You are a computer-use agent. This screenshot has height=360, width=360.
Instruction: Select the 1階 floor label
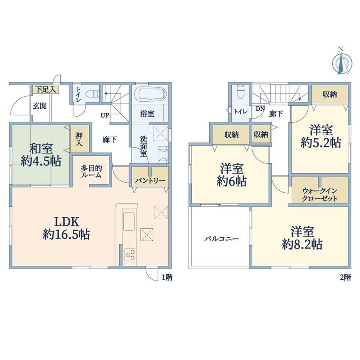pyautogui.click(x=167, y=277)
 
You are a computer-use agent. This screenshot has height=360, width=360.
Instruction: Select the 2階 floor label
pyautogui.click(x=346, y=277)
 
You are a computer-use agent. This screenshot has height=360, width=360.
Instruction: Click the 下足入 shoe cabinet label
pyautogui.click(x=46, y=89)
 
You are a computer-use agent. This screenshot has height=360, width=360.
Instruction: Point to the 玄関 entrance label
pyautogui.click(x=40, y=106)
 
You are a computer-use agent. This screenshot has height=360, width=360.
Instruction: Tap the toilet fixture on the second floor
pyautogui.click(x=240, y=92)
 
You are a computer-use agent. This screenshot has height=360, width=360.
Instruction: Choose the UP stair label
pyautogui.click(x=105, y=115)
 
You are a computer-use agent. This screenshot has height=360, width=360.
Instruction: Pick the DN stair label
pyautogui.click(x=260, y=108)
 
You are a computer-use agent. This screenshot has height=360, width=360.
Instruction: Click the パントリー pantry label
pyautogui.click(x=150, y=181)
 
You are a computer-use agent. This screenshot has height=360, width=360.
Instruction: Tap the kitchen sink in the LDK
pyautogui.click(x=129, y=221)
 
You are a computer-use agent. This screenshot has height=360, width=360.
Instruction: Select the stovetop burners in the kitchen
pyautogui.click(x=130, y=254)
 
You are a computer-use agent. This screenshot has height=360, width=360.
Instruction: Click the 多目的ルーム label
pyautogui.click(x=91, y=171)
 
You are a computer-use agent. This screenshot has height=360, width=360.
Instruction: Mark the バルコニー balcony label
pyautogui.click(x=221, y=239)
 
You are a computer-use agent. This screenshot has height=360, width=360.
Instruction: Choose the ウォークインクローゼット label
pyautogui.click(x=320, y=194)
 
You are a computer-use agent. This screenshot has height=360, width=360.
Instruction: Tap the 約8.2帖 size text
pyautogui.click(x=302, y=245)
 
